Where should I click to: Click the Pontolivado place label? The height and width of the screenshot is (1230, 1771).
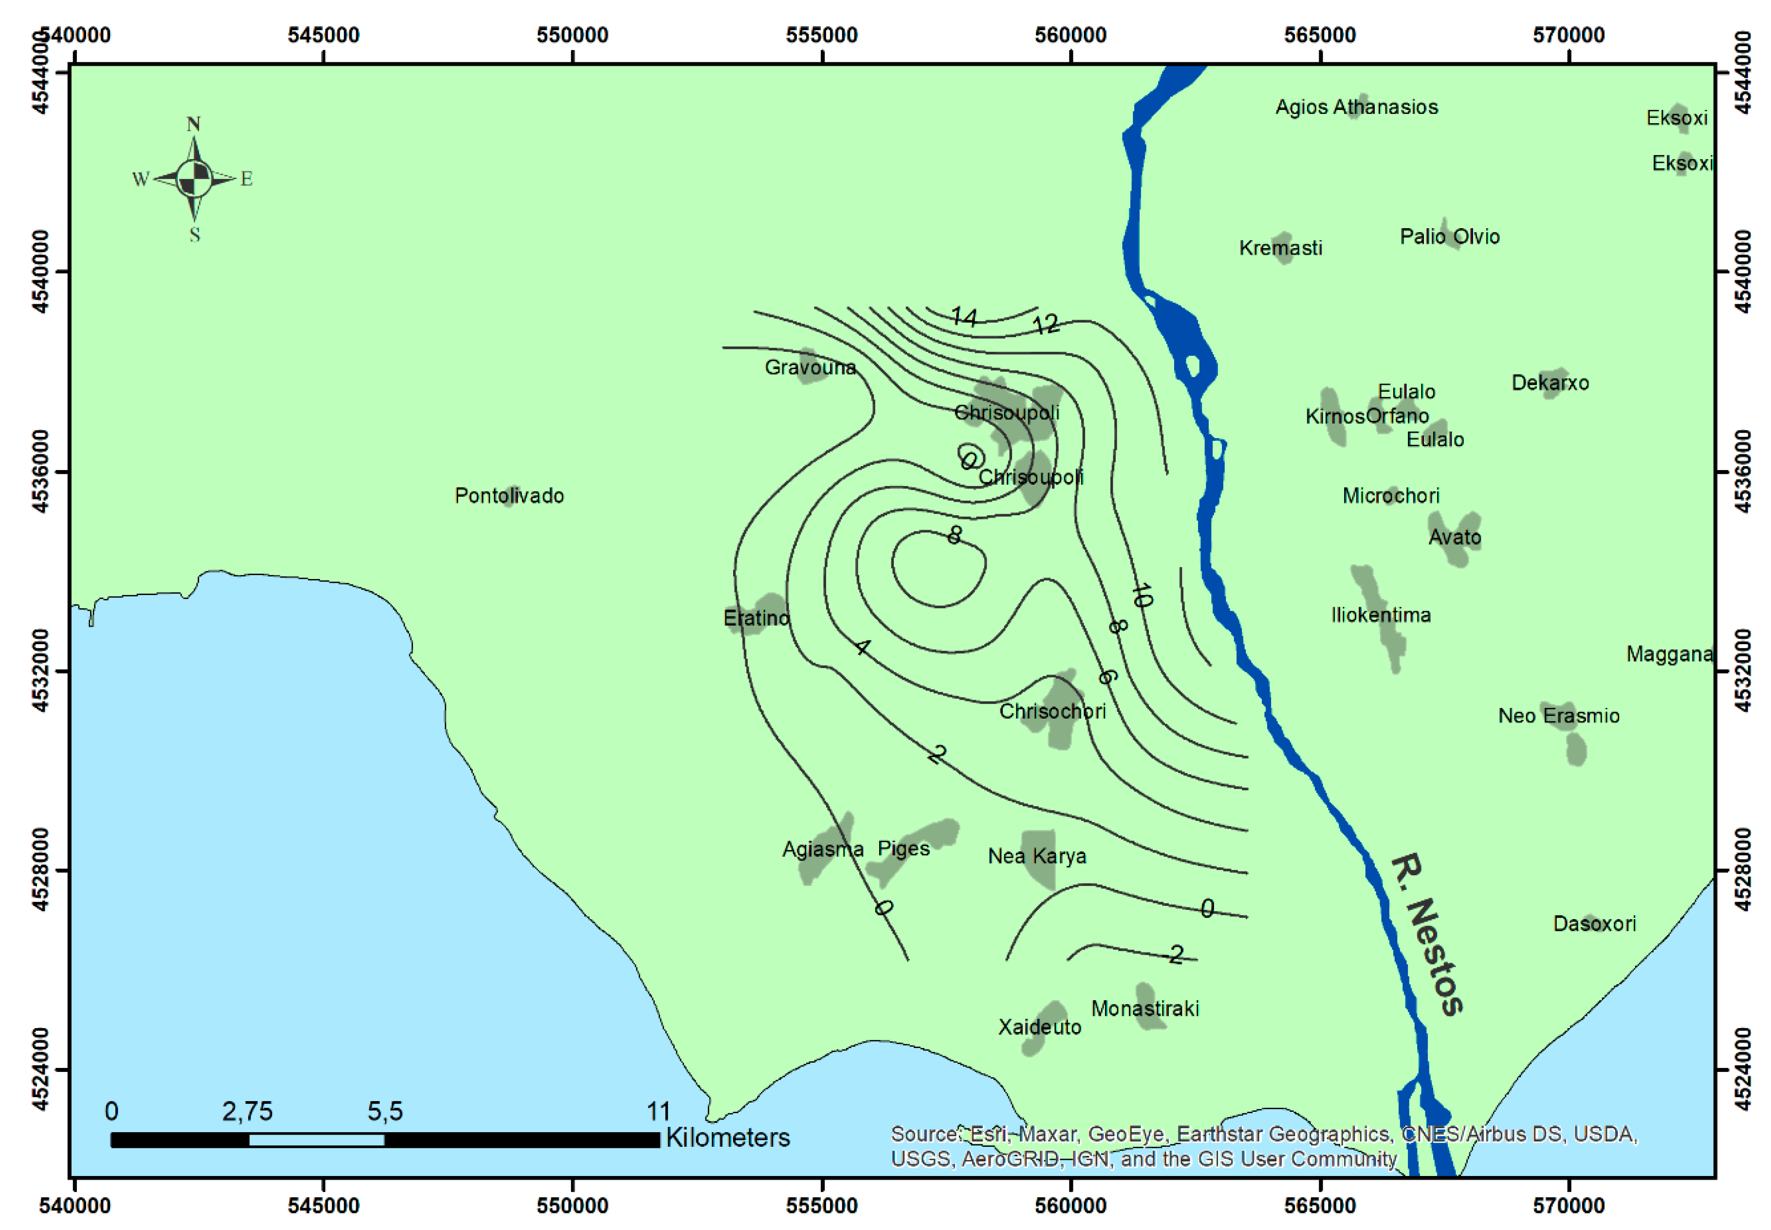point(509,495)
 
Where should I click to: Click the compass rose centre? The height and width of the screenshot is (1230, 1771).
point(194,179)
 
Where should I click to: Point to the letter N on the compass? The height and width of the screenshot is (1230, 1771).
point(194,124)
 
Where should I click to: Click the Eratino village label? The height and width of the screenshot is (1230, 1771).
point(756,618)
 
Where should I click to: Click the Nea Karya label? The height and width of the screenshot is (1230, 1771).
point(1036,856)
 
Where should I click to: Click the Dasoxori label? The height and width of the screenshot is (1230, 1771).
point(1594,923)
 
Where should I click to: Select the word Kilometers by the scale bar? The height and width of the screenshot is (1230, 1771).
point(727,1138)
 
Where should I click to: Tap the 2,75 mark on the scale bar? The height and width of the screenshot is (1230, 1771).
point(247,1111)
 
